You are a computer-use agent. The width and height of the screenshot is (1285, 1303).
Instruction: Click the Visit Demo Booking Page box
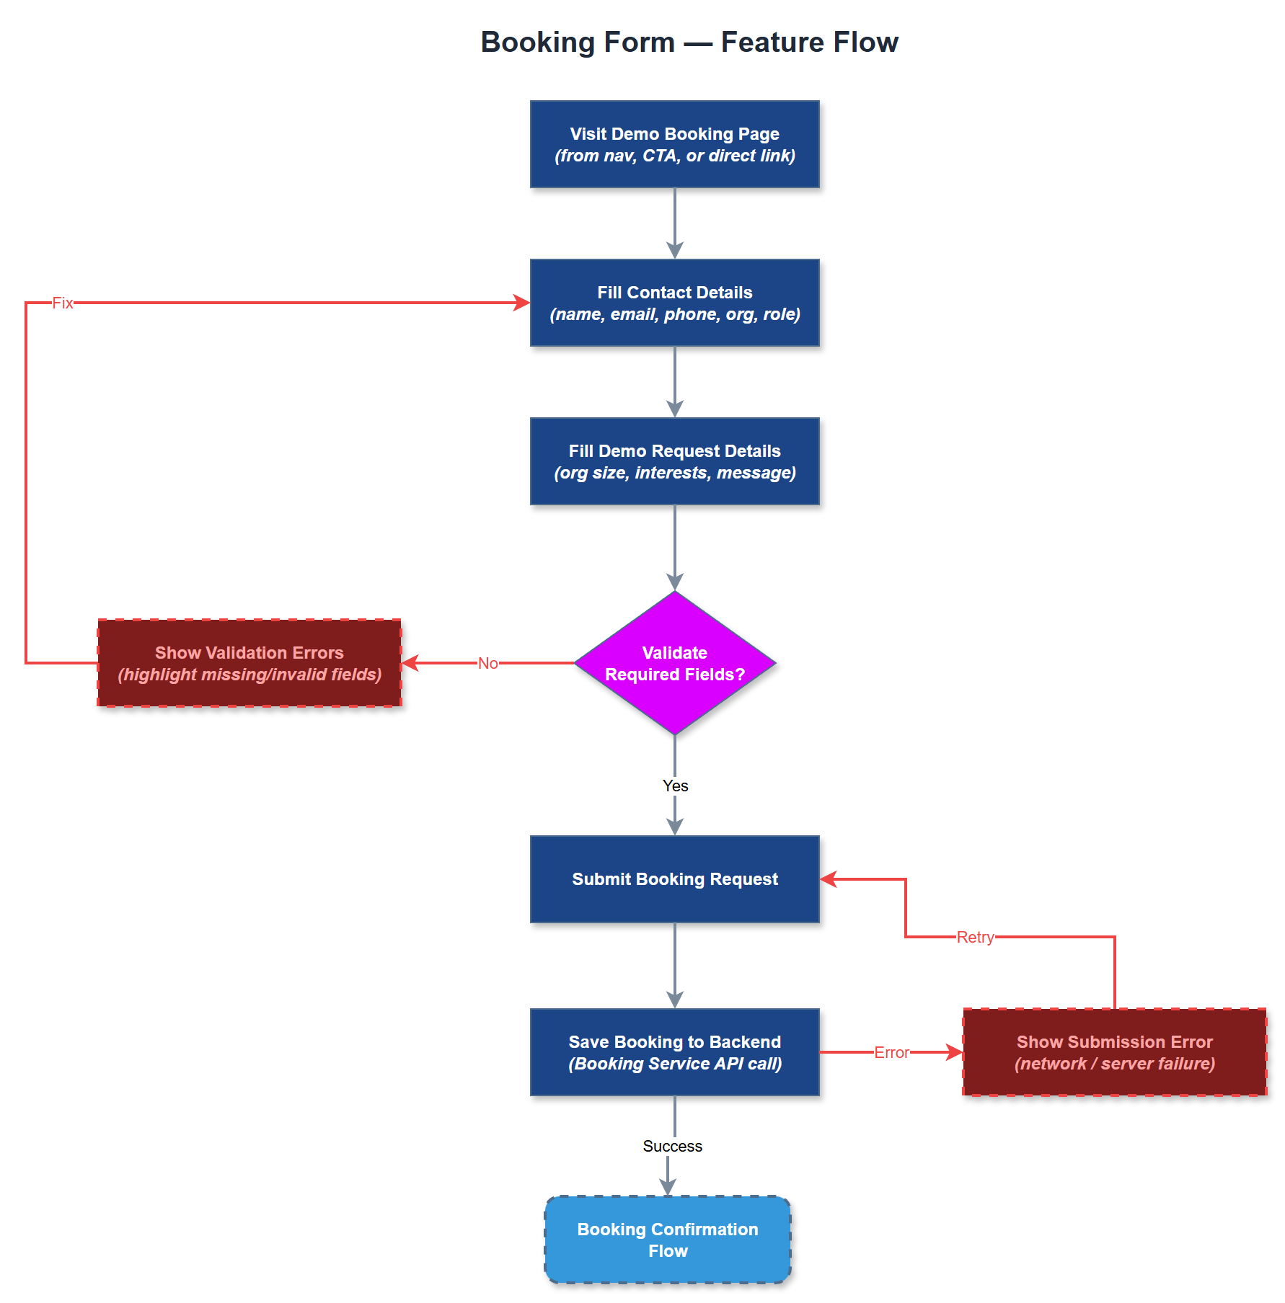pyautogui.click(x=674, y=144)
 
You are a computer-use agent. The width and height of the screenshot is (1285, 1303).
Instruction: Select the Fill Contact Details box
pyautogui.click(x=674, y=303)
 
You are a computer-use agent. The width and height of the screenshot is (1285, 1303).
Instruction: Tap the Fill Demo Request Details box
pyautogui.click(x=674, y=461)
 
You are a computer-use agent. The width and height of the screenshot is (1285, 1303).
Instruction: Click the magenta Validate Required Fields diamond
pyautogui.click(x=674, y=663)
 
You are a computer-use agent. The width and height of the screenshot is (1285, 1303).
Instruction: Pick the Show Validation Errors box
pyautogui.click(x=250, y=663)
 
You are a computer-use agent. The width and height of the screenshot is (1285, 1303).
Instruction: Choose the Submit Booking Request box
pyautogui.click(x=674, y=879)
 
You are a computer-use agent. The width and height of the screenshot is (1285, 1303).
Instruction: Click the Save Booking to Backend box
pyautogui.click(x=674, y=1052)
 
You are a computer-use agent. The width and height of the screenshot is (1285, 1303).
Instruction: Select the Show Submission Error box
pyautogui.click(x=1114, y=1052)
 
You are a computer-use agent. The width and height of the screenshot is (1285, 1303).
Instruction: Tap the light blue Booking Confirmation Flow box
pyautogui.click(x=668, y=1240)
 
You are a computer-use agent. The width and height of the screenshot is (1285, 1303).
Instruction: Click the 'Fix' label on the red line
pyautogui.click(x=63, y=303)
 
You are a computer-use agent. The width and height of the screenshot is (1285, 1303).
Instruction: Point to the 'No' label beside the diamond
pyautogui.click(x=487, y=663)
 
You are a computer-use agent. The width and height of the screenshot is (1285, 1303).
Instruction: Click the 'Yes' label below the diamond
pyautogui.click(x=675, y=786)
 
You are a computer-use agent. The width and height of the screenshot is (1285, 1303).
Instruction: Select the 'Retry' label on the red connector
pyautogui.click(x=975, y=937)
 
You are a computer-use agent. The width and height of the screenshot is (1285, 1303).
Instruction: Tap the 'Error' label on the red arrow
pyautogui.click(x=891, y=1052)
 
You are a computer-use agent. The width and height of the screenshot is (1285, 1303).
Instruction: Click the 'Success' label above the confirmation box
pyautogui.click(x=672, y=1146)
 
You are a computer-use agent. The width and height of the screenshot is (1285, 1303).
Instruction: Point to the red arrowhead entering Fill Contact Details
pyautogui.click(x=522, y=303)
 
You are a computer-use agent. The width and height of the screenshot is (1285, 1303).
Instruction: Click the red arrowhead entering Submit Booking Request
pyautogui.click(x=829, y=879)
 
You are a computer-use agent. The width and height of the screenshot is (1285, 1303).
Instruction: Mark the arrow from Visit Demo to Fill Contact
pyautogui.click(x=674, y=223)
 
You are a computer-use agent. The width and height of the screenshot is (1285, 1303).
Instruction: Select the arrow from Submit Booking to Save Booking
pyautogui.click(x=674, y=966)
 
